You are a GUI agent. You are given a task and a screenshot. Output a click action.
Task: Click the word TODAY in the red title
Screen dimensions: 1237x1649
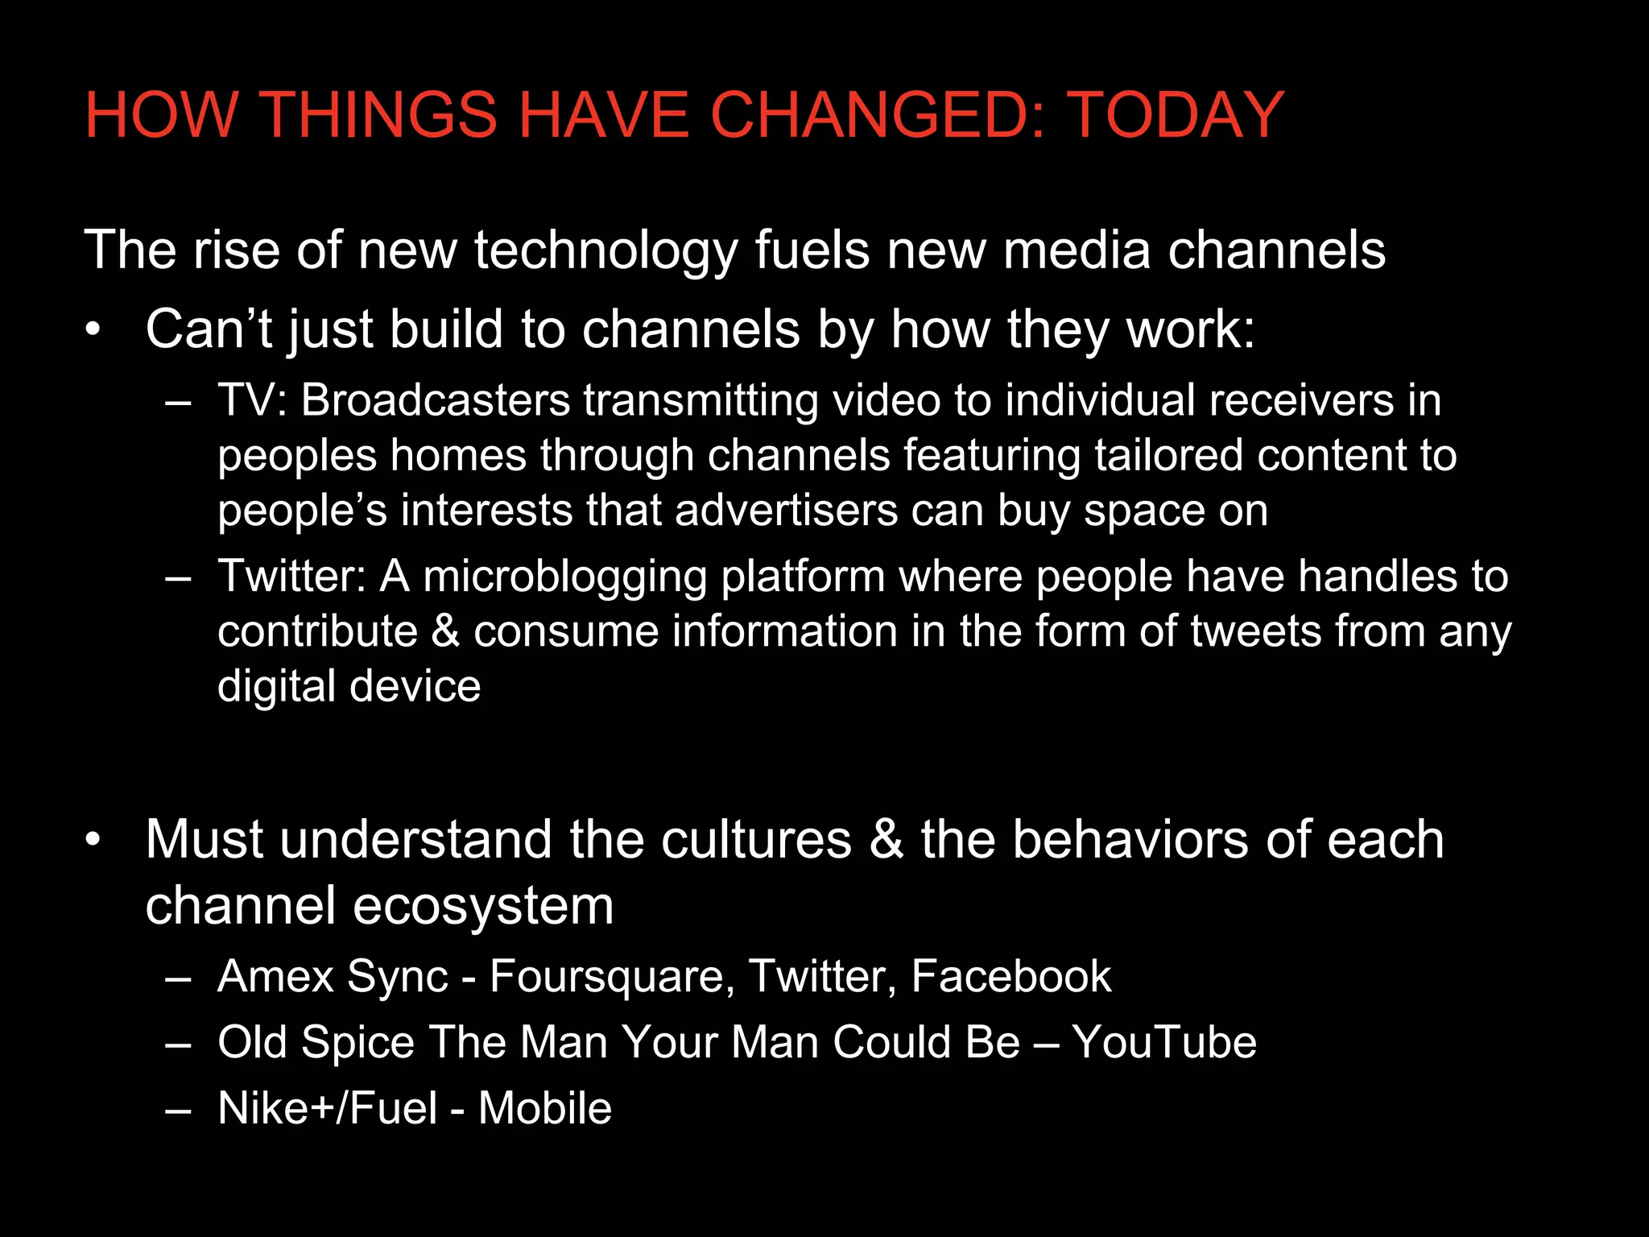[1176, 115]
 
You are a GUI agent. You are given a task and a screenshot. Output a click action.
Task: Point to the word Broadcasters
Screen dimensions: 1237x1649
[435, 400]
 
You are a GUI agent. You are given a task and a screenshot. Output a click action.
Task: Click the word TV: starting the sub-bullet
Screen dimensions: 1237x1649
[252, 400]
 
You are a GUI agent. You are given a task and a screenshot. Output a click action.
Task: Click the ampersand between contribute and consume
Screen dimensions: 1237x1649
[445, 631]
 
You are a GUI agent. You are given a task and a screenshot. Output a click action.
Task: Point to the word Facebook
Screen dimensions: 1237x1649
[1010, 977]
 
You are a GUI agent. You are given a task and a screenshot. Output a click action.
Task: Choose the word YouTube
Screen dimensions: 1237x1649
[1163, 1042]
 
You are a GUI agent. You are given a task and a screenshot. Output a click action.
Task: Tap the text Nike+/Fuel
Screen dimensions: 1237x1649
[328, 1108]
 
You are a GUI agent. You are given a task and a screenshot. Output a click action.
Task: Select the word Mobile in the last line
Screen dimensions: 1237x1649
[545, 1108]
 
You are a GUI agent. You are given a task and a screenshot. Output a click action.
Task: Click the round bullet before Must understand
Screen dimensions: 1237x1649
[93, 839]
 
